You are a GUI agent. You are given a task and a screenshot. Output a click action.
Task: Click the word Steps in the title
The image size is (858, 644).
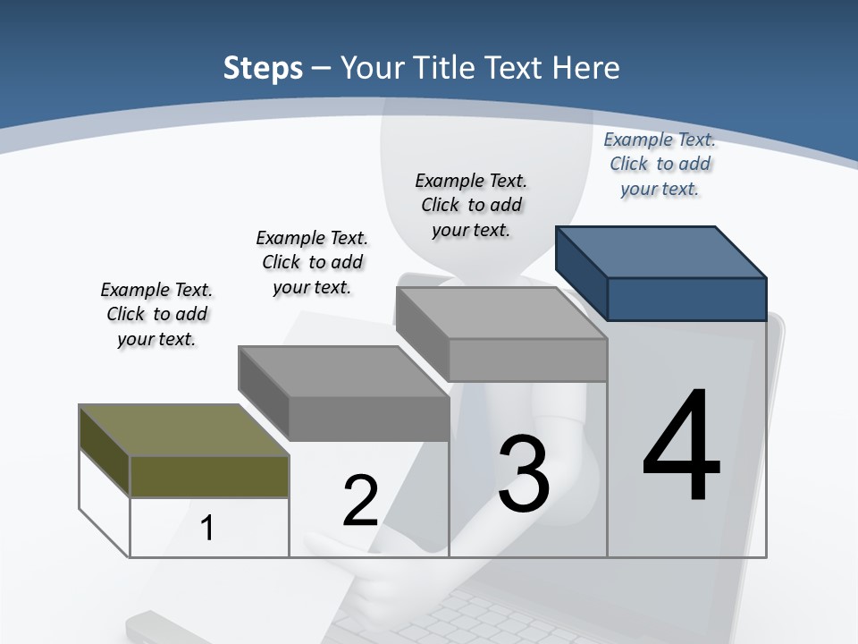click(263, 68)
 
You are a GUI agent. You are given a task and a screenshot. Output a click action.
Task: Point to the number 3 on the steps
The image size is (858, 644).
click(524, 474)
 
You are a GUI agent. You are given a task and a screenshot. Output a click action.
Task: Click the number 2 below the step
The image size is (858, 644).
click(360, 501)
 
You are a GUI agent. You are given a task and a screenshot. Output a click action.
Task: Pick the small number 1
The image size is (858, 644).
click(207, 528)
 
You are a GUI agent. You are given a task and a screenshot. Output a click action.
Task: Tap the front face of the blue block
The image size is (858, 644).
click(686, 299)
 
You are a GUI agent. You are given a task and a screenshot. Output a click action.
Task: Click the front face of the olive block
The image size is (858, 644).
click(209, 477)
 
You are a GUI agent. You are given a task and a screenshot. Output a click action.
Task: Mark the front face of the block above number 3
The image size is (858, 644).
click(527, 360)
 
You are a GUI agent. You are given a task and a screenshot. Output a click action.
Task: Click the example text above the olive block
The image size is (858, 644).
click(156, 314)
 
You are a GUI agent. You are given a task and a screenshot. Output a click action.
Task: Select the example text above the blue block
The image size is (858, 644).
click(660, 164)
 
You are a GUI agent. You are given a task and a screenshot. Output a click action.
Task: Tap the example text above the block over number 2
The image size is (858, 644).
click(312, 262)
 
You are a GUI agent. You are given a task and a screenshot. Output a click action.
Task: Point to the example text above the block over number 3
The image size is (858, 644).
click(471, 205)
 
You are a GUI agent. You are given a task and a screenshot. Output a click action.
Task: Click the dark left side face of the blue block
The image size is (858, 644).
click(581, 272)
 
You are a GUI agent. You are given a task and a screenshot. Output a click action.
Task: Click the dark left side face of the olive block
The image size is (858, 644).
click(104, 449)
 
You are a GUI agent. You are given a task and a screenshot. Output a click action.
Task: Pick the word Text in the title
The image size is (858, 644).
click(521, 68)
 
